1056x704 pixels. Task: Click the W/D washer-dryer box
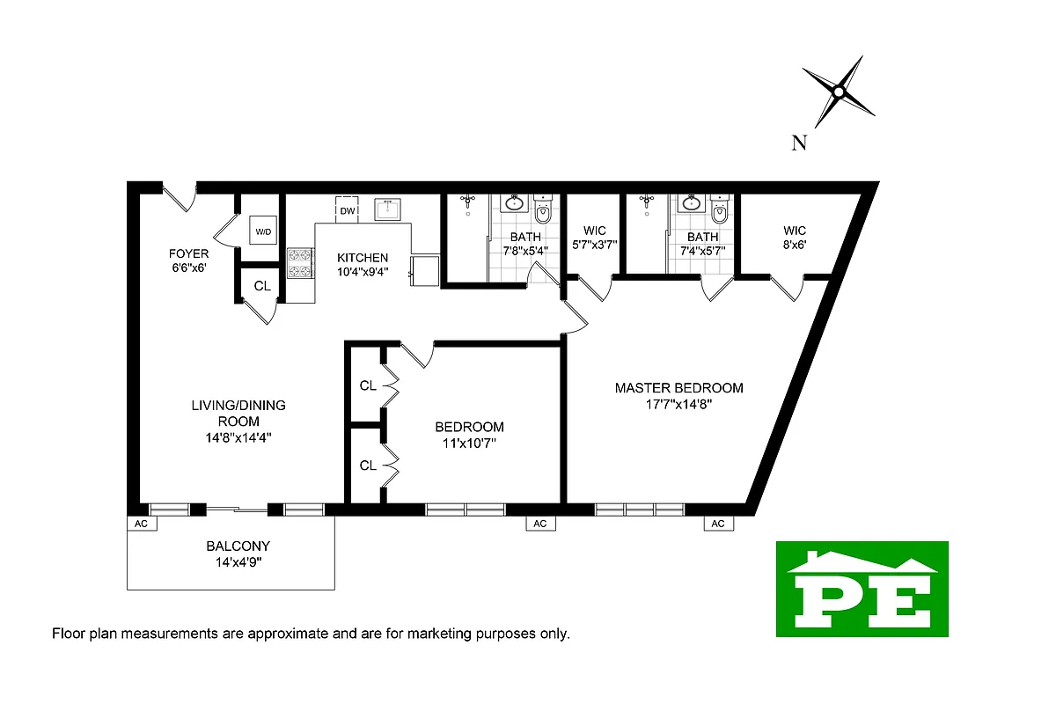click(x=263, y=231)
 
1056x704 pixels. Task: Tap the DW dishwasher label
click(x=348, y=211)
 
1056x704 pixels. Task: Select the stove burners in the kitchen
click(x=300, y=262)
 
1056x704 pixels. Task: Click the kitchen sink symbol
click(x=388, y=209)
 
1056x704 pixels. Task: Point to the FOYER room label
click(x=189, y=254)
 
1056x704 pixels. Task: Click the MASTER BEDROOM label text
click(x=678, y=387)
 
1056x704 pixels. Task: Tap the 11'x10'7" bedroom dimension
click(x=470, y=443)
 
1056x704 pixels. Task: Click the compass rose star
click(x=839, y=92)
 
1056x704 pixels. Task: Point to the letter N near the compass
click(x=799, y=143)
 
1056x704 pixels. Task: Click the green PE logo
click(x=862, y=589)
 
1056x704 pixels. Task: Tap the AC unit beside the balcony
click(x=141, y=524)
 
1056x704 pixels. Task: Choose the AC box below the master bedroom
click(x=717, y=524)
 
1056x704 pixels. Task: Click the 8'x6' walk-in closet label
click(x=795, y=246)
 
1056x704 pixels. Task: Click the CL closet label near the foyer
click(x=262, y=286)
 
